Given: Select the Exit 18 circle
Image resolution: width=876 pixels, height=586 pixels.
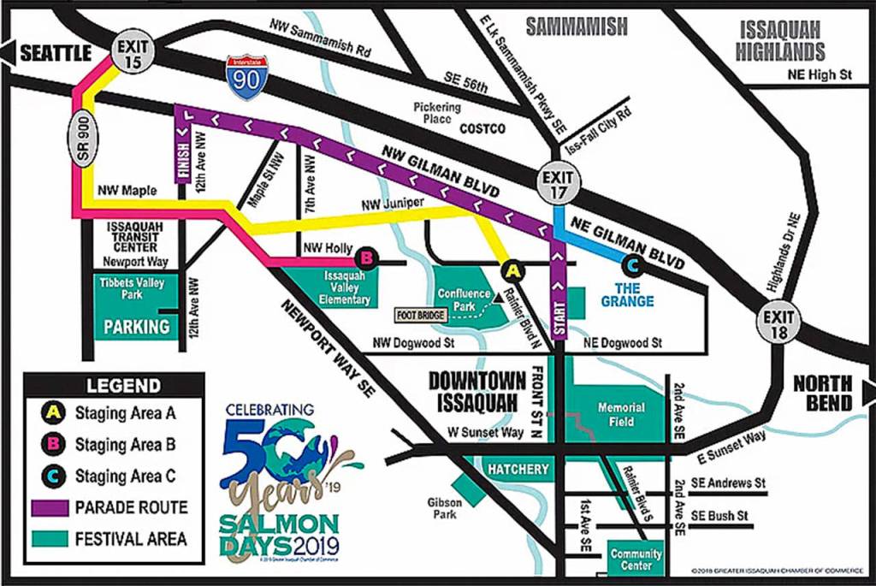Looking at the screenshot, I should pyautogui.click(x=778, y=325).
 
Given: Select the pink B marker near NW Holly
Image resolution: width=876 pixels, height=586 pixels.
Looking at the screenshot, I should pyautogui.click(x=365, y=256).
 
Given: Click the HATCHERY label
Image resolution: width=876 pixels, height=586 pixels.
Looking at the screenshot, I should pyautogui.click(x=518, y=469).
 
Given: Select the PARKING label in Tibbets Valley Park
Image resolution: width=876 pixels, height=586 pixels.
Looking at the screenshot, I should pyautogui.click(x=136, y=326).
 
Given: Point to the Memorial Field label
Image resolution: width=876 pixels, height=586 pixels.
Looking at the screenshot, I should pyautogui.click(x=621, y=415).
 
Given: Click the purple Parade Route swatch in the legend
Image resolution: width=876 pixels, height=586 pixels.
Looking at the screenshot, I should pyautogui.click(x=50, y=507).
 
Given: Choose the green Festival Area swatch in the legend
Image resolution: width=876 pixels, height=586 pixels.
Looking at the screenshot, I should pyautogui.click(x=50, y=539).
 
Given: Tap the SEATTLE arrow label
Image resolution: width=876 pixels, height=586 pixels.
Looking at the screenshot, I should pyautogui.click(x=47, y=53).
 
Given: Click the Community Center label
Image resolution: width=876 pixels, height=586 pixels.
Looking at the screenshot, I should pyautogui.click(x=636, y=559).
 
